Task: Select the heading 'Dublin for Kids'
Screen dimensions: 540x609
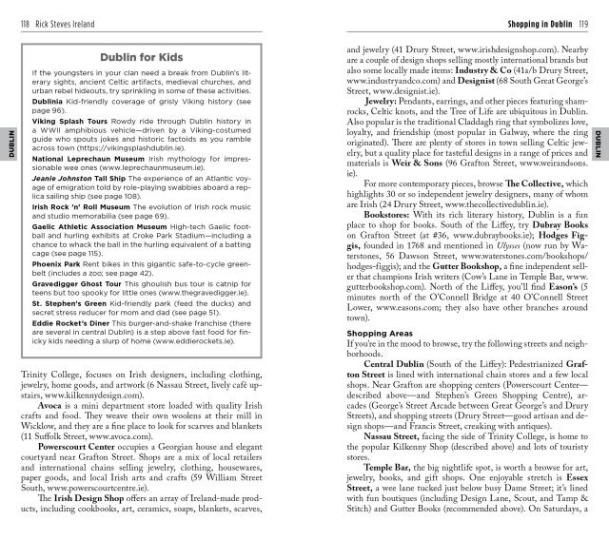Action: (x=158, y=57)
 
